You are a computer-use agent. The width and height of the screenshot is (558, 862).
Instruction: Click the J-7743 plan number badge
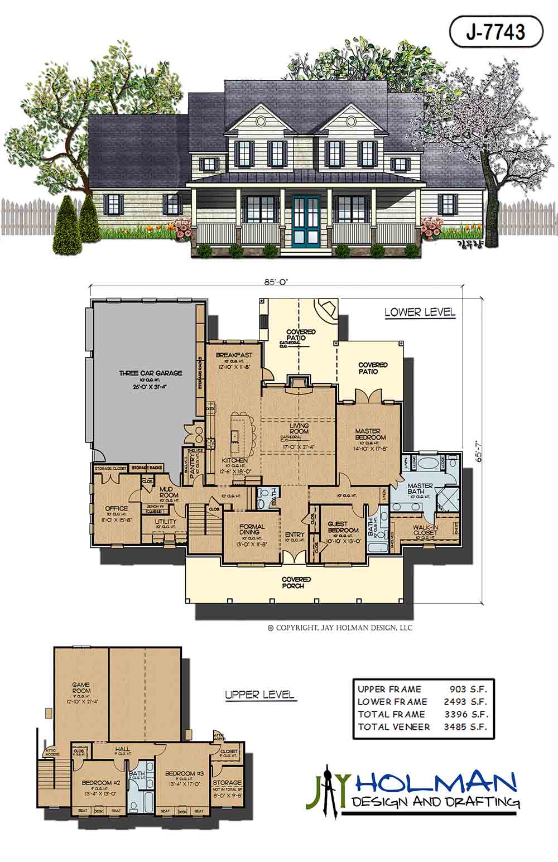[496, 31]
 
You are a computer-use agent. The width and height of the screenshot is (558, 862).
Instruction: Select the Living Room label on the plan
[299, 429]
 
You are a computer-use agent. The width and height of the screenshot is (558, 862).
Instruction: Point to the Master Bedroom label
[368, 434]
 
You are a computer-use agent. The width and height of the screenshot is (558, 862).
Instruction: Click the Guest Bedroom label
[343, 526]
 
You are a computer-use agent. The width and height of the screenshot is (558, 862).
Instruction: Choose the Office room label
[116, 508]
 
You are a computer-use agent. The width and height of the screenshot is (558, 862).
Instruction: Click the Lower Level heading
[420, 312]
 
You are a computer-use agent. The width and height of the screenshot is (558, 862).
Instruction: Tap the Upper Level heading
[259, 695]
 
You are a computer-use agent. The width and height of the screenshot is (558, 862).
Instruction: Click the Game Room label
[81, 687]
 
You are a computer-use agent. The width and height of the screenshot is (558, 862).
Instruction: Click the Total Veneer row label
[393, 726]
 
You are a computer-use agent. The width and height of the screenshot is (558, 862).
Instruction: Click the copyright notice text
[340, 628]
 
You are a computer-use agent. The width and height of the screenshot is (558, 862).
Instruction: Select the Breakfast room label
[234, 355]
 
